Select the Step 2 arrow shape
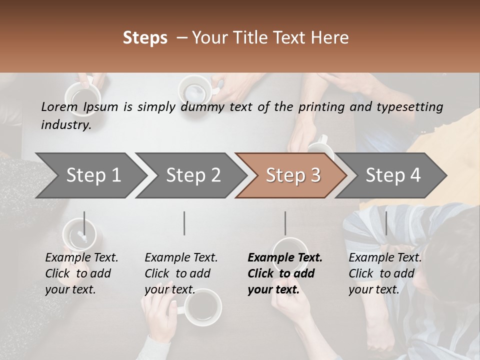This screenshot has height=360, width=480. pos(192,175)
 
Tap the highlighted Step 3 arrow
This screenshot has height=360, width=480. pos(292,175)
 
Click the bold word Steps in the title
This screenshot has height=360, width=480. pos(145,38)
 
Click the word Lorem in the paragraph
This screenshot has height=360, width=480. pos(59,106)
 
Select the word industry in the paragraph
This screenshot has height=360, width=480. pos(66,124)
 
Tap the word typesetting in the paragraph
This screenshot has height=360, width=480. pos(407,106)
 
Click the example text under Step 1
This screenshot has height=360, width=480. pos(81,273)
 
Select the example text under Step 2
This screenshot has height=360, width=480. pos(181,273)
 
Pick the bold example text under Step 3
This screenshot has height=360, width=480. pos(285,273)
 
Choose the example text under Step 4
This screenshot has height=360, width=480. pos(385,273)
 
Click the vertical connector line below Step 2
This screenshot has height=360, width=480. pos(184,223)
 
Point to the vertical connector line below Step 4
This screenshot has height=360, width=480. pos(386,223)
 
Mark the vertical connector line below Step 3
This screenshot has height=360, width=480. pos(285,223)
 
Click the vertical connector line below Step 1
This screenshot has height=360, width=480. pos(84,223)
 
